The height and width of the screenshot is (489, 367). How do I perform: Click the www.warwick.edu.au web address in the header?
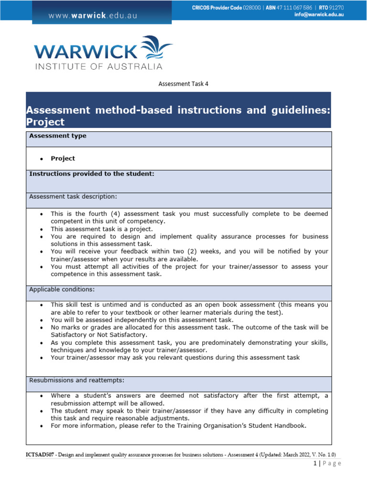point(92,15)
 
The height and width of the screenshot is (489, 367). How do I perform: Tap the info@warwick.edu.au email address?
point(319,15)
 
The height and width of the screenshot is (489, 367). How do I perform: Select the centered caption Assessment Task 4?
point(183,84)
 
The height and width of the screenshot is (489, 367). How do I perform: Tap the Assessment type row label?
point(58,136)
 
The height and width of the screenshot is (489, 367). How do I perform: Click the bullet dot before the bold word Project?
point(42,159)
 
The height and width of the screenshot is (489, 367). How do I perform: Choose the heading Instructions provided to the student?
point(92,174)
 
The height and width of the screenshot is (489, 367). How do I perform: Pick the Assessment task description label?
point(73,196)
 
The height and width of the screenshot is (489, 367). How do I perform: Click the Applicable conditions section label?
point(62,289)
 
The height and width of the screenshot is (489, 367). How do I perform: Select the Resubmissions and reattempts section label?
point(77,381)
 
